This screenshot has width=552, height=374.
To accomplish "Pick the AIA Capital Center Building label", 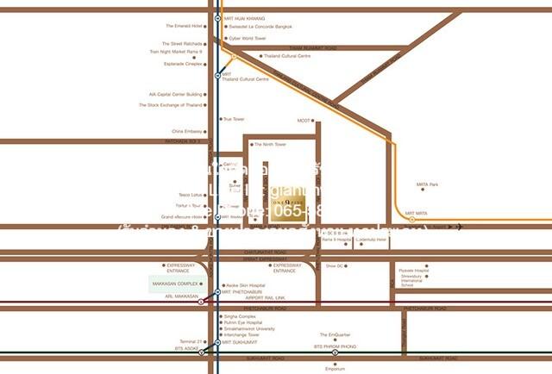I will point(175,95).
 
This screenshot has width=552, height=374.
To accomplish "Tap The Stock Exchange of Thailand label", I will point(171,105).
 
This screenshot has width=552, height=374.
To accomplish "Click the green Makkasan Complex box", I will point(176,284).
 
